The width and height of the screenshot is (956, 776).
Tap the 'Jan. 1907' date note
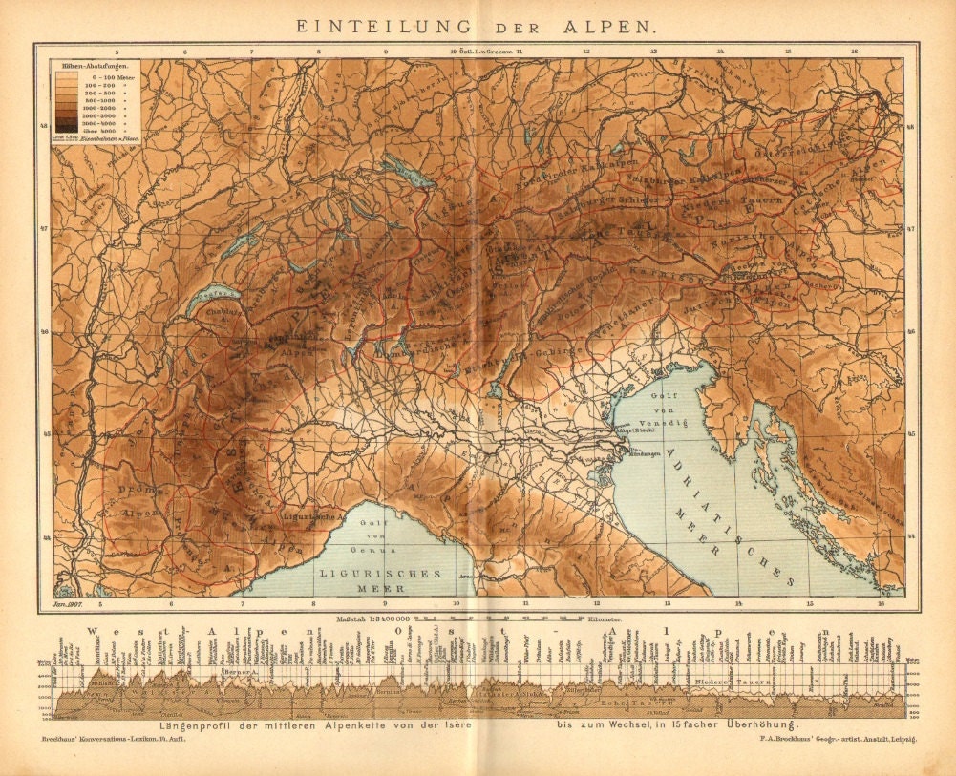[x=67, y=604]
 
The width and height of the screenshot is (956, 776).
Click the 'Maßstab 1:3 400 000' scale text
[x=373, y=619]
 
